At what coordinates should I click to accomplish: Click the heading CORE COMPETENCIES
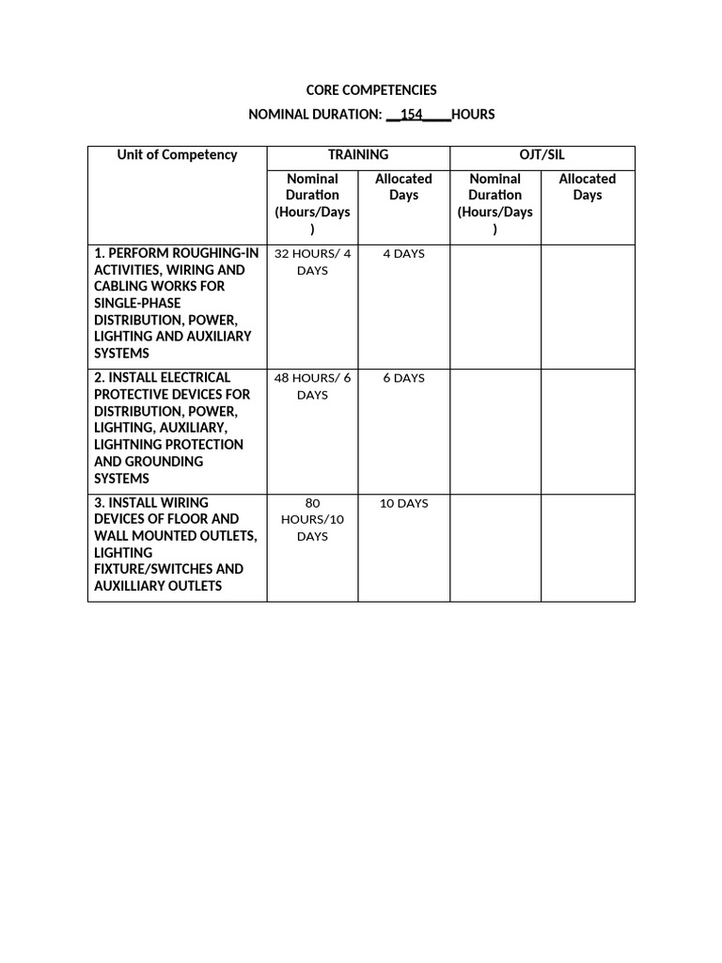pos(371,90)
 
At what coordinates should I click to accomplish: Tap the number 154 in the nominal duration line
pos(411,115)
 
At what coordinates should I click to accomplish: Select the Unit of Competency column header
pos(177,155)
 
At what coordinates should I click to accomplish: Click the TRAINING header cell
pos(358,155)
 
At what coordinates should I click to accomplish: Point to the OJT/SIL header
pos(542,155)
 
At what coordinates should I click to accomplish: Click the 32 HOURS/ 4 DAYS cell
pos(312,261)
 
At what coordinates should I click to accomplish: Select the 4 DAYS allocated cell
pos(403,254)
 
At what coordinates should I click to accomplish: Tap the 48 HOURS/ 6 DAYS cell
pos(312,387)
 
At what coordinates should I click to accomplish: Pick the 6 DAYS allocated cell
pos(403,378)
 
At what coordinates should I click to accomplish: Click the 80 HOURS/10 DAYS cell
pos(312,519)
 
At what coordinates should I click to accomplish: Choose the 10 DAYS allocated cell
pos(403,503)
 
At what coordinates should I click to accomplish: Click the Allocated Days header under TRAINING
pos(403,187)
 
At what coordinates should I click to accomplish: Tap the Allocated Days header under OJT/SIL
pos(588,187)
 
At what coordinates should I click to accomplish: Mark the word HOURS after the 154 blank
pos(473,115)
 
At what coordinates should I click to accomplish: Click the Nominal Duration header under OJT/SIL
pos(495,203)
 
